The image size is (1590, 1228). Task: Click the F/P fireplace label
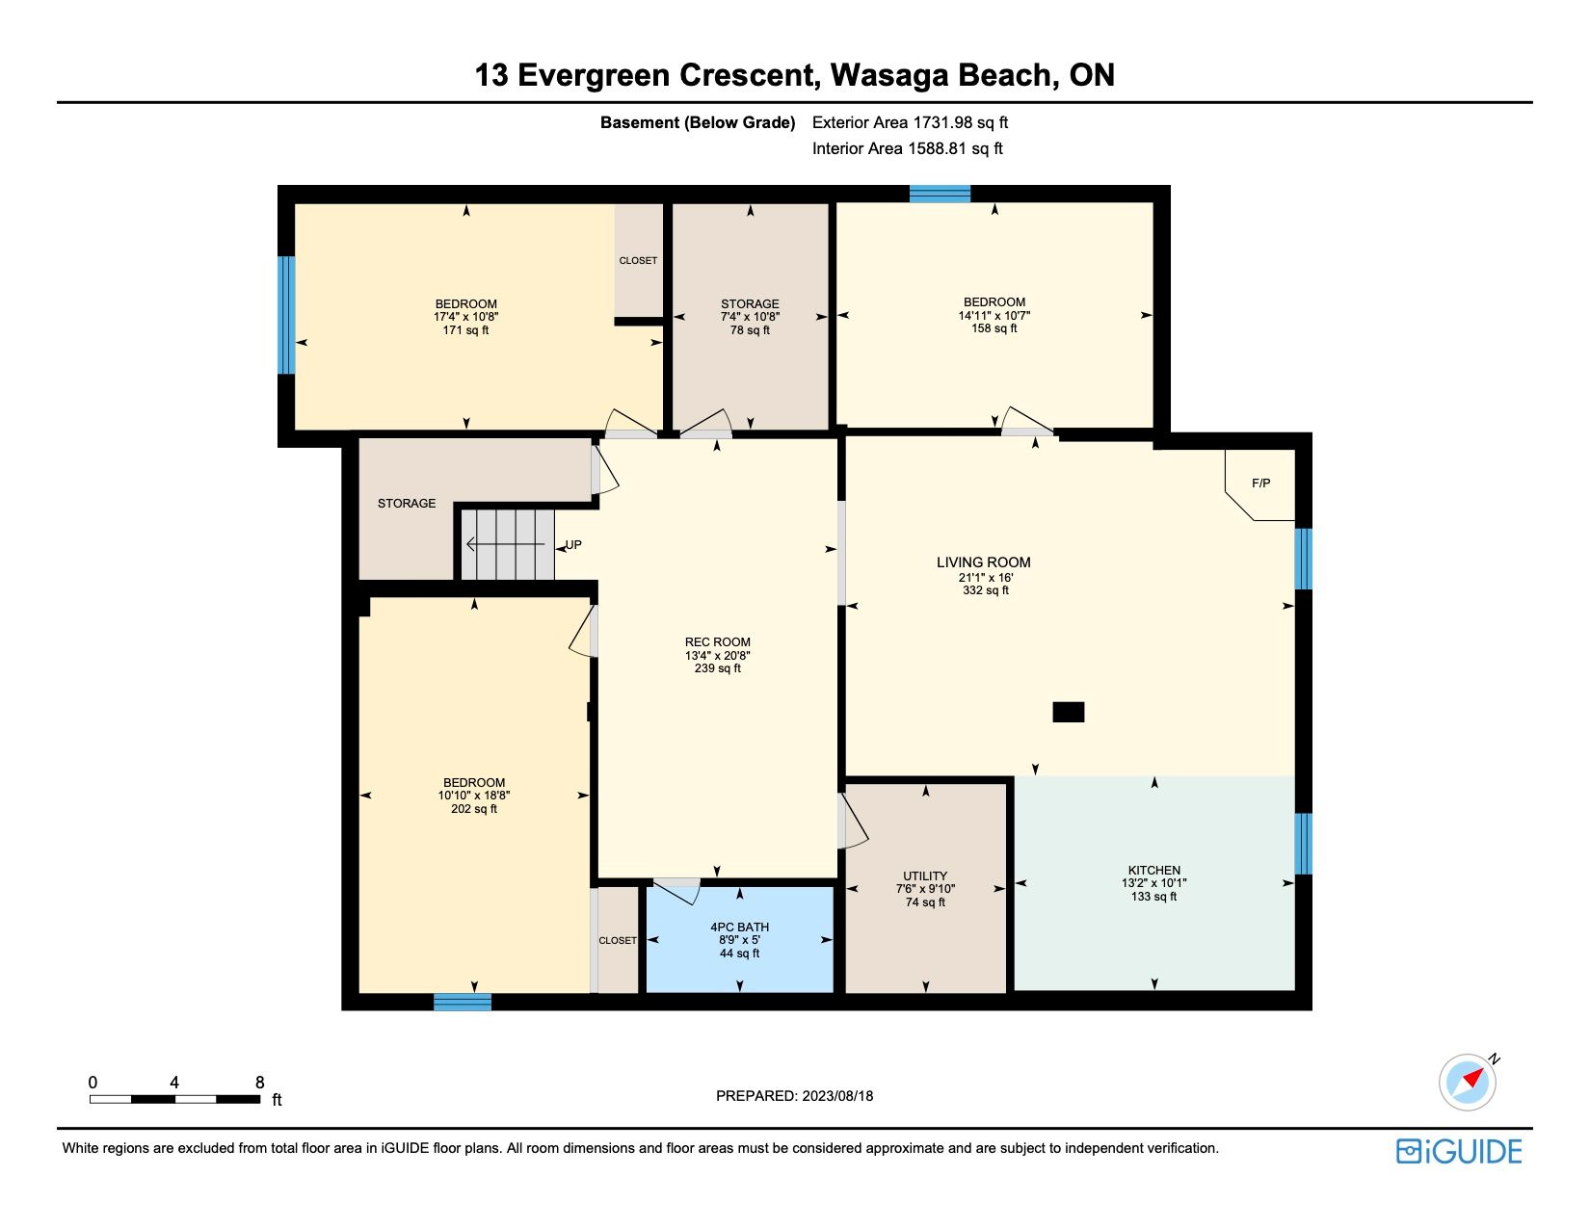[1260, 483]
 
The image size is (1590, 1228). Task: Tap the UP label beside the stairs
[573, 544]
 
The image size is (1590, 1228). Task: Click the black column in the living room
[1068, 712]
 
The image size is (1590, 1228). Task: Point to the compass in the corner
[1468, 1082]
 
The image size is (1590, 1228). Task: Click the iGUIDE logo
[1458, 1151]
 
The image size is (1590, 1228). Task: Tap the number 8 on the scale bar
[260, 1082]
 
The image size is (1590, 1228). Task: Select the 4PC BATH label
[739, 927]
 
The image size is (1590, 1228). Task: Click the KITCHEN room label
[1153, 870]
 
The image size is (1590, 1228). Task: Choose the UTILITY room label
[925, 875]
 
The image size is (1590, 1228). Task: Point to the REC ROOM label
[717, 641]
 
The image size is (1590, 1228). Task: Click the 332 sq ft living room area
[986, 590]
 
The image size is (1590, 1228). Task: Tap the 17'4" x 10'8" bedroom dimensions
[465, 317]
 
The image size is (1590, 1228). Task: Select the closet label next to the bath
[618, 940]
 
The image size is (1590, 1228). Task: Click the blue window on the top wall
[940, 194]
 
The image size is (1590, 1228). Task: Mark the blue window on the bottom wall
[463, 1002]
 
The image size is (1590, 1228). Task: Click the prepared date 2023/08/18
[837, 1096]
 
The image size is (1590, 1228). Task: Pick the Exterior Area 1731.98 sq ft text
[910, 122]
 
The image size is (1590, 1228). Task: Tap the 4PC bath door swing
[676, 891]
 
